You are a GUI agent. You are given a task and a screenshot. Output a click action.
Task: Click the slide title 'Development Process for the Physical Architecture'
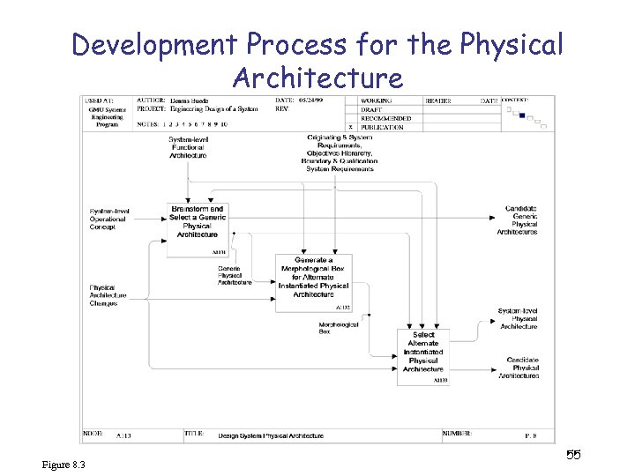(x=317, y=60)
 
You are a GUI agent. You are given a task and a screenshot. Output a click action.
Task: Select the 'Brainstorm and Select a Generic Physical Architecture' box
(x=197, y=222)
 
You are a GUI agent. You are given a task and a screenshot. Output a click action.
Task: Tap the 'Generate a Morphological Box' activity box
(x=313, y=278)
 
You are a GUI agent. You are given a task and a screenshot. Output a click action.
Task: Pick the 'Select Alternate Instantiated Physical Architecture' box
(x=423, y=352)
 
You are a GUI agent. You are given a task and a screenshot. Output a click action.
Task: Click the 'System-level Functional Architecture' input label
(x=187, y=147)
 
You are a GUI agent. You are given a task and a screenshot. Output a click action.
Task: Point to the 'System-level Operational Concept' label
(x=109, y=219)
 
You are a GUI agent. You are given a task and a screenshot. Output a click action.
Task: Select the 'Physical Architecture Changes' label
(x=108, y=295)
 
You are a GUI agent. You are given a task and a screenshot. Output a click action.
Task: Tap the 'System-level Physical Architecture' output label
(x=518, y=319)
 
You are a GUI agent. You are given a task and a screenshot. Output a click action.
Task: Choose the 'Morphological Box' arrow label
(x=338, y=327)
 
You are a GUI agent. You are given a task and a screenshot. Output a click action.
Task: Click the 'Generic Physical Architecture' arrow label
(x=235, y=275)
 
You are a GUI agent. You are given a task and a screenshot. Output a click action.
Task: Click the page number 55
(x=573, y=455)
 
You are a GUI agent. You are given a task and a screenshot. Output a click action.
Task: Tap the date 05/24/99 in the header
(x=311, y=100)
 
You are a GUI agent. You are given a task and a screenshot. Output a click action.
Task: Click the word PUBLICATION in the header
(x=382, y=127)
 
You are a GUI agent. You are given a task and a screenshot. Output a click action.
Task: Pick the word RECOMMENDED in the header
(x=385, y=118)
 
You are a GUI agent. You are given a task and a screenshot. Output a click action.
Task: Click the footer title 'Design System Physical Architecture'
(x=271, y=435)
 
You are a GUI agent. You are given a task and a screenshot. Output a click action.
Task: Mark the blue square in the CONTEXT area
(x=522, y=115)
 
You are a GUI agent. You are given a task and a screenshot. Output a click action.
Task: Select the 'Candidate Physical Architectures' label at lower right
(x=522, y=368)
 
